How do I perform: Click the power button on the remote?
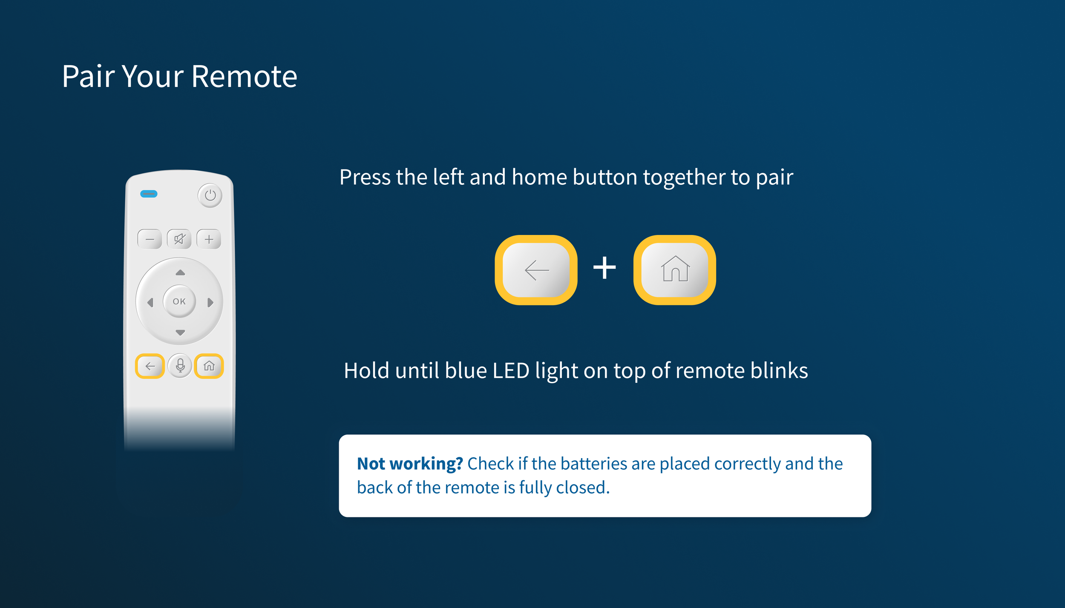(x=210, y=195)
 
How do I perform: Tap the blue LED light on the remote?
(x=149, y=194)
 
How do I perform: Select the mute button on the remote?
(x=179, y=239)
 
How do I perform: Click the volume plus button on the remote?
(x=209, y=239)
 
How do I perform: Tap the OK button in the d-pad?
(x=179, y=301)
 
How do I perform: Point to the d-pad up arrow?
(x=180, y=272)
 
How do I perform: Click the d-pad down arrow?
(x=180, y=333)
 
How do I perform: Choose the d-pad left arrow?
(x=150, y=302)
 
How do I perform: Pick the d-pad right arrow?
(x=210, y=302)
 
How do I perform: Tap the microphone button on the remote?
(x=180, y=366)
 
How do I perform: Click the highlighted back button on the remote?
(x=150, y=366)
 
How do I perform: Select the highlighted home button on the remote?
(x=209, y=366)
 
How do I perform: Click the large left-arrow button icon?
(x=536, y=270)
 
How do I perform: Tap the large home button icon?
(x=675, y=270)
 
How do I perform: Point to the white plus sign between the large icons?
(x=604, y=268)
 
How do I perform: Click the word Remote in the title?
(x=244, y=77)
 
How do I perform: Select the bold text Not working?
(x=410, y=464)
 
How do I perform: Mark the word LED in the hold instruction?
(x=511, y=370)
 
